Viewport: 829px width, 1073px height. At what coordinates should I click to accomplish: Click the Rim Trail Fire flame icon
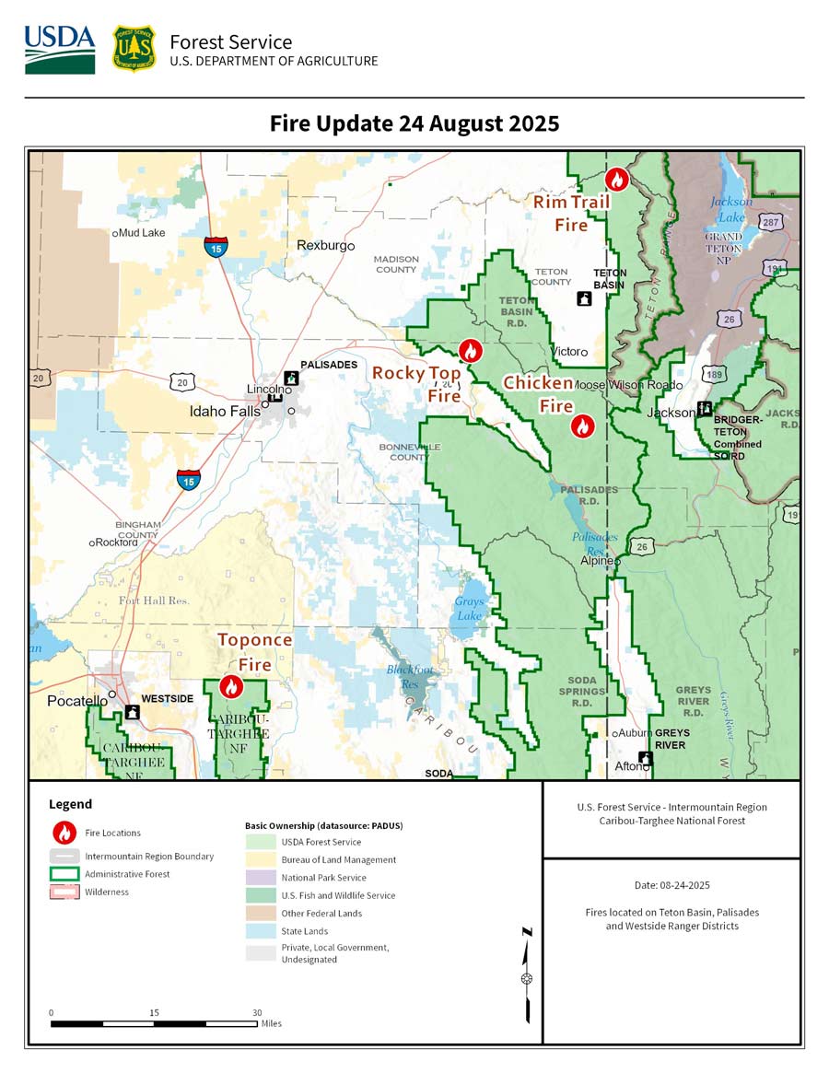pos(617,180)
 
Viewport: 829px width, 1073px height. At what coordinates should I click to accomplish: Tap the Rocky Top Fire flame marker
pos(470,351)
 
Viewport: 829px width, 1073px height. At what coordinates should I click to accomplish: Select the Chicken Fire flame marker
pos(582,426)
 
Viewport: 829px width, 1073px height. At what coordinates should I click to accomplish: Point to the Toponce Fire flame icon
pos(231,687)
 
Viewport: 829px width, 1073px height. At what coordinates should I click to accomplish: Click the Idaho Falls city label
pos(225,412)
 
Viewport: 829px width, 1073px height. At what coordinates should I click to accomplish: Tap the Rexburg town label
pos(325,246)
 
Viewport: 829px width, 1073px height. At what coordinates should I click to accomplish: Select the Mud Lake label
pos(141,233)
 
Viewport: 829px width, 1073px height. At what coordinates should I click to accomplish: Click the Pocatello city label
pos(76,702)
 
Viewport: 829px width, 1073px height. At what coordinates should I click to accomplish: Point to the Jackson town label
pos(671,413)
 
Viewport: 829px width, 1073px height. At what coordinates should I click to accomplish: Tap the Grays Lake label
pos(469,609)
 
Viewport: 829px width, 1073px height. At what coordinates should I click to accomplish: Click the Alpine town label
pos(597,560)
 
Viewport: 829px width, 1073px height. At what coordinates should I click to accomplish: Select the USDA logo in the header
pos(60,50)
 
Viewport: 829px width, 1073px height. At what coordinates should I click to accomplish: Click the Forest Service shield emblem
pos(134,49)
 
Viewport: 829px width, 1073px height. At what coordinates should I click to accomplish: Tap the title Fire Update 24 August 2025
pos(414,123)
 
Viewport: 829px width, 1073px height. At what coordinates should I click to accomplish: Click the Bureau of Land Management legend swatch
pos(261,859)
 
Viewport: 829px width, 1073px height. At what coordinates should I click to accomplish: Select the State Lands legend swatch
pos(261,931)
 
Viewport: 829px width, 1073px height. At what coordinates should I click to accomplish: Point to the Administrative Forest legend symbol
pos(64,874)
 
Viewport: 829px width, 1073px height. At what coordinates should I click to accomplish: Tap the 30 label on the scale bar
pos(257,1012)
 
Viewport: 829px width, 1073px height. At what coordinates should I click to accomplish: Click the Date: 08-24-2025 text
pos(671,884)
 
